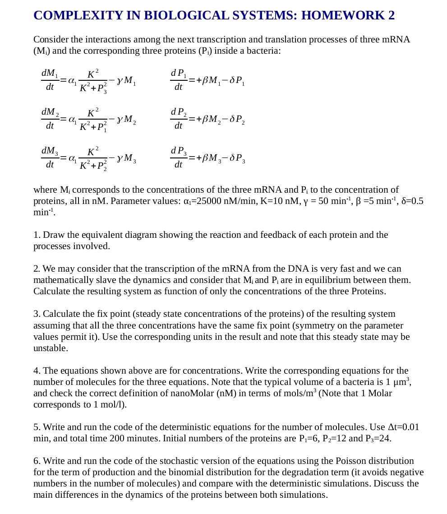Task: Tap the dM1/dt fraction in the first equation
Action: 49,79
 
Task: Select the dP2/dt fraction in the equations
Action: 179,118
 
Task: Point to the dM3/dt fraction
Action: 49,157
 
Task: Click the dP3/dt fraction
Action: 179,157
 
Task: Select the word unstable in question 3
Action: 51,348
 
